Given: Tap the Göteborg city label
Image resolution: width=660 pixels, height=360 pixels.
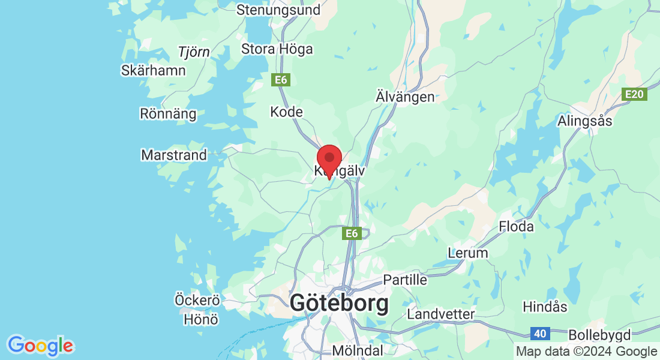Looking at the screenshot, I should coord(339,303).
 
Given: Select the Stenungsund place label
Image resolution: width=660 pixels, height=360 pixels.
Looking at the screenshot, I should coord(278,10).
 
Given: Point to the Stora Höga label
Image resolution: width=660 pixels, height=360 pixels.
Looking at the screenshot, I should coord(277,49).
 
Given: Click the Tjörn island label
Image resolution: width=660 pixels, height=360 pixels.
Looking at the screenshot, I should coord(194,52).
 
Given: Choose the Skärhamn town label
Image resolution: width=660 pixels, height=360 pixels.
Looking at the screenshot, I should coord(153,70).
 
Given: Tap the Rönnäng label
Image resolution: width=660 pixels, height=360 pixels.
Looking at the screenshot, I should coord(167,113).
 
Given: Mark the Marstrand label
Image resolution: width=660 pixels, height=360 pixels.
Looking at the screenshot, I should coord(173,155).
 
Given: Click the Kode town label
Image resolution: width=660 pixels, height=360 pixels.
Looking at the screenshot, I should coord(286,112).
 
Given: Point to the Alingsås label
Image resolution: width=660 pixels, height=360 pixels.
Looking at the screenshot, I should coord(584,121).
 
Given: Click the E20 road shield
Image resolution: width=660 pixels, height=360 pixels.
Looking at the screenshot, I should coord(634,94).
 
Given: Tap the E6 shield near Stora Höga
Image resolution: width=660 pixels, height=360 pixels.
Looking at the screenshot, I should coord(280,80).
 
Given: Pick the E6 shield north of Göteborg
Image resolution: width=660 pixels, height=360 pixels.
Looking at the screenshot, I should coord(352,233).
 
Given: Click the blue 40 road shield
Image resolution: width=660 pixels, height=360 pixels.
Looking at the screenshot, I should coord(541,333).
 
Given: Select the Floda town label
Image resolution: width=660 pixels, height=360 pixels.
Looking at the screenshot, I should coord(516,227).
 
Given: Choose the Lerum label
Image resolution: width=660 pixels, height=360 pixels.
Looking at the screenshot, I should coord(468,253).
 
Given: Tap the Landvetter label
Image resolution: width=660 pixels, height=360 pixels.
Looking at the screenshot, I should coord(440,314).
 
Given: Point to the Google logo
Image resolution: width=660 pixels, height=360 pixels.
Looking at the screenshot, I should coord(40,346).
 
